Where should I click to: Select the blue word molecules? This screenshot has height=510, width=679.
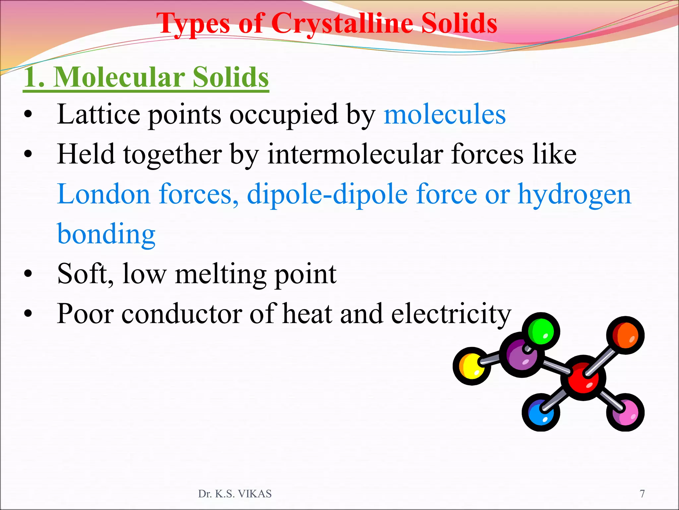[x=444, y=115]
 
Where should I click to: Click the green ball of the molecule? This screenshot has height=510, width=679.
[x=541, y=331]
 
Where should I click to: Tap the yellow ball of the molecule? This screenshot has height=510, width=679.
[x=471, y=366]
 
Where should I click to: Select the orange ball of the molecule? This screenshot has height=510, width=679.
[x=625, y=335]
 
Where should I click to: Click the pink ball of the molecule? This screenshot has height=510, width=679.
[x=625, y=412]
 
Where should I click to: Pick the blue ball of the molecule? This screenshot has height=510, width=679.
[x=540, y=413]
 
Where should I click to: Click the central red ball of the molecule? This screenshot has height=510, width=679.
[x=584, y=378]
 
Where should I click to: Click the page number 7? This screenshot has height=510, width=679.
[x=642, y=494]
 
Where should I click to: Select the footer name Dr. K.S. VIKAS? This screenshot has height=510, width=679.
[x=235, y=494]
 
